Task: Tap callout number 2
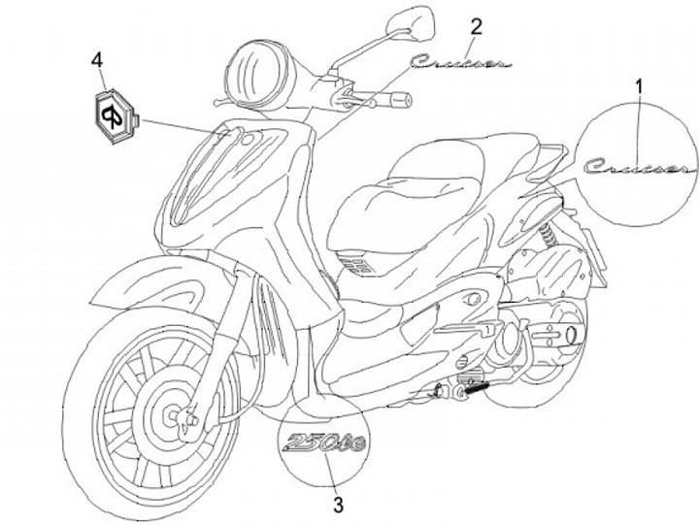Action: (x=475, y=25)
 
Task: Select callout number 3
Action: (x=337, y=504)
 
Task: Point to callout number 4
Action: (x=97, y=60)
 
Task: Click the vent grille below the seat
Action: (x=354, y=263)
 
